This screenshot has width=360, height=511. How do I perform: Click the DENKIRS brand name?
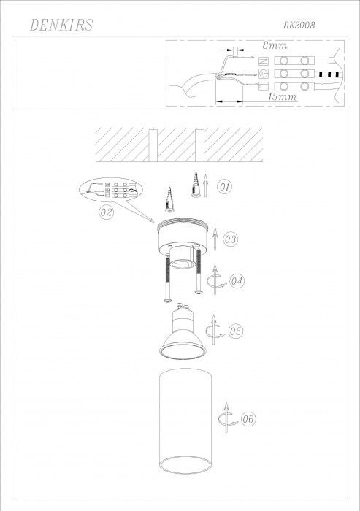point(61,25)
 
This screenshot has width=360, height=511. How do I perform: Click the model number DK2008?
point(299,26)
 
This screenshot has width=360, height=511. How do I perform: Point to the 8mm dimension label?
point(275,45)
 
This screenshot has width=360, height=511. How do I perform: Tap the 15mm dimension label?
point(283,97)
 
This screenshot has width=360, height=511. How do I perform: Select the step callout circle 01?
point(225,187)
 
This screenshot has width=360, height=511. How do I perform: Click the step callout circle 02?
point(107,212)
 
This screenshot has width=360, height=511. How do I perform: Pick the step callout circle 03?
point(231,239)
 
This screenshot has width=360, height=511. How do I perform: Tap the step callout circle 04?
point(237,281)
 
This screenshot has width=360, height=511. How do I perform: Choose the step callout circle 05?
point(235,331)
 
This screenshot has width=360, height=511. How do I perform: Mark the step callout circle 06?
point(248,419)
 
